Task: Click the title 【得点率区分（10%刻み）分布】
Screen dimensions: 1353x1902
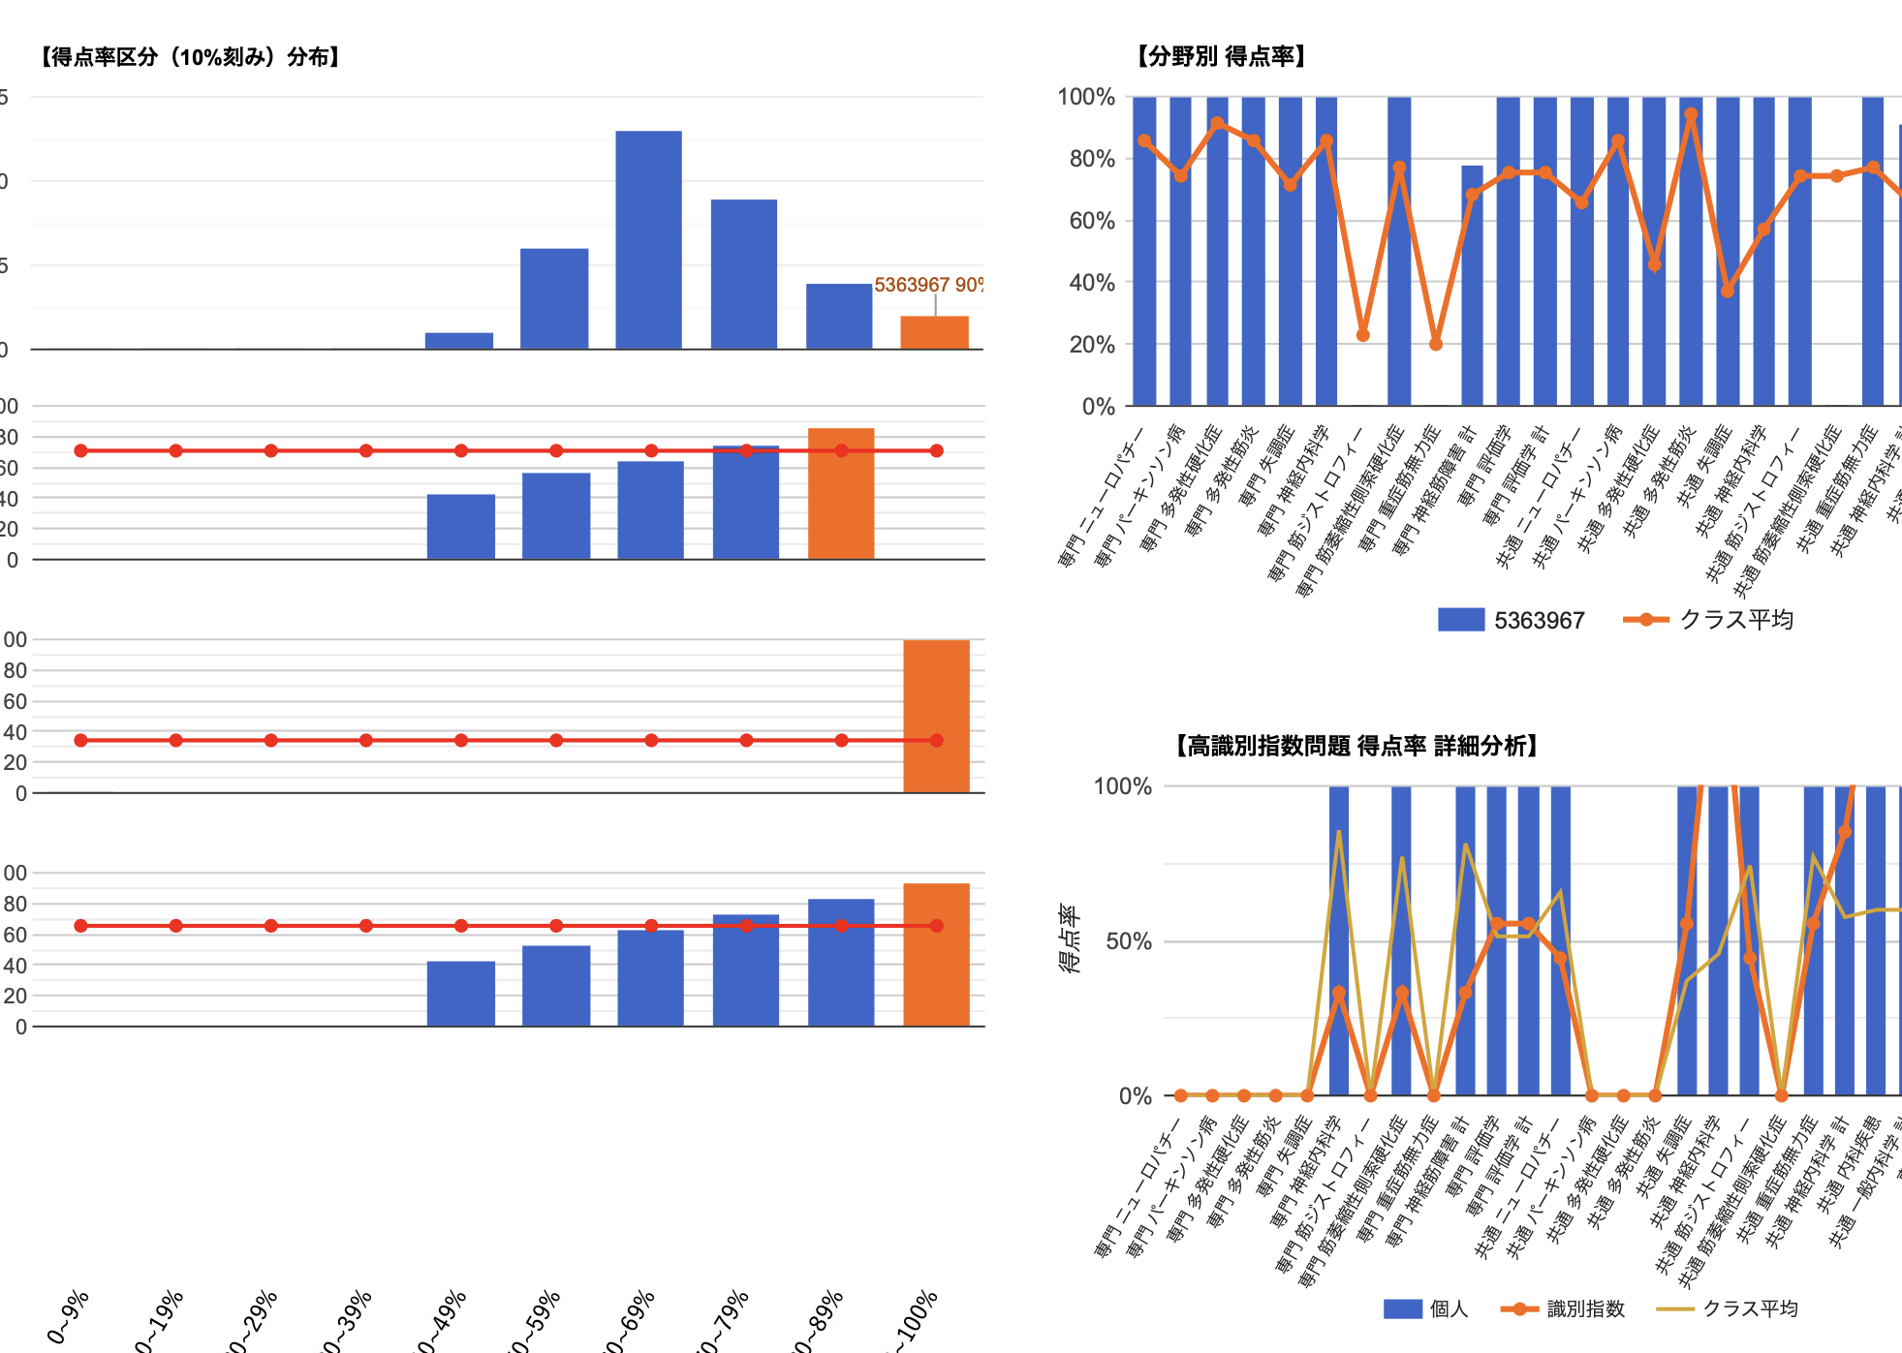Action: (191, 57)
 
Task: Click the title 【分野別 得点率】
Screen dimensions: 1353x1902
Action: (1222, 56)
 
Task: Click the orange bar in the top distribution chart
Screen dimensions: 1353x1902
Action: (934, 332)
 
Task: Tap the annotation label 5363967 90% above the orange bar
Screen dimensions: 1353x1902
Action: (928, 285)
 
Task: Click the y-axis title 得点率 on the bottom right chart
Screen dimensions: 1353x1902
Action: (1069, 939)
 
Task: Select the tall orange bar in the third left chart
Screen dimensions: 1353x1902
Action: (936, 717)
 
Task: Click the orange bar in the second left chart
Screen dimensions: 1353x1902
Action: (841, 494)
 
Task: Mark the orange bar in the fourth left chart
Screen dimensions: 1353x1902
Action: (936, 955)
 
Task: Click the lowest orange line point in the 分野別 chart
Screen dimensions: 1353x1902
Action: (1436, 344)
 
